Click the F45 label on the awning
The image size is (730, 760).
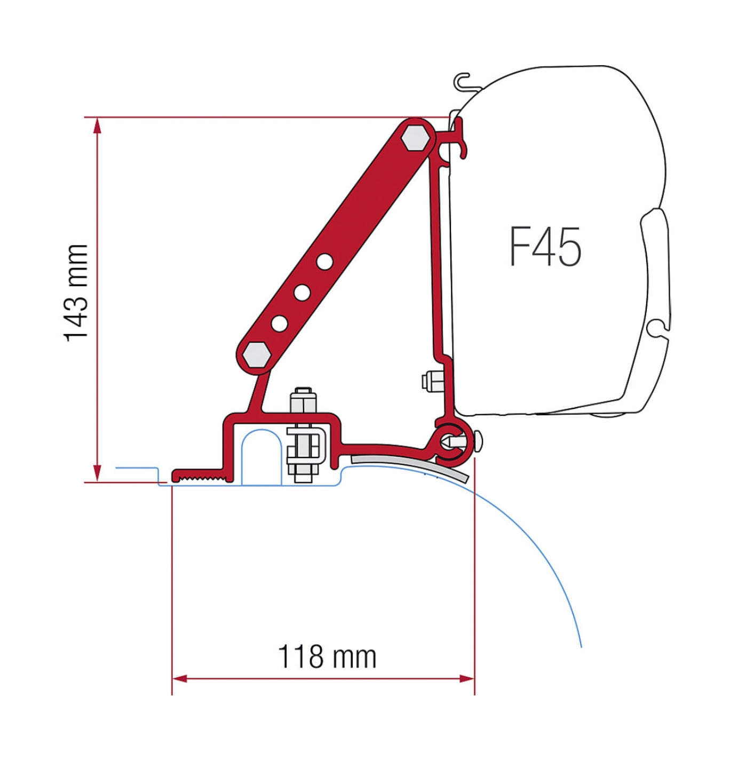click(x=545, y=247)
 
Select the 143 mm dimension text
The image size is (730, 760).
click(x=76, y=294)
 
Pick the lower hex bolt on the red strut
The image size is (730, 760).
click(x=256, y=354)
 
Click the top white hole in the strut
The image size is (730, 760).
click(x=324, y=262)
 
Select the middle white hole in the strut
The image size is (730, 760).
click(x=303, y=292)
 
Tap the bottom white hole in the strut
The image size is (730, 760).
click(x=279, y=324)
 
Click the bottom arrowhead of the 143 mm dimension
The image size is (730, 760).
click(x=98, y=473)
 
